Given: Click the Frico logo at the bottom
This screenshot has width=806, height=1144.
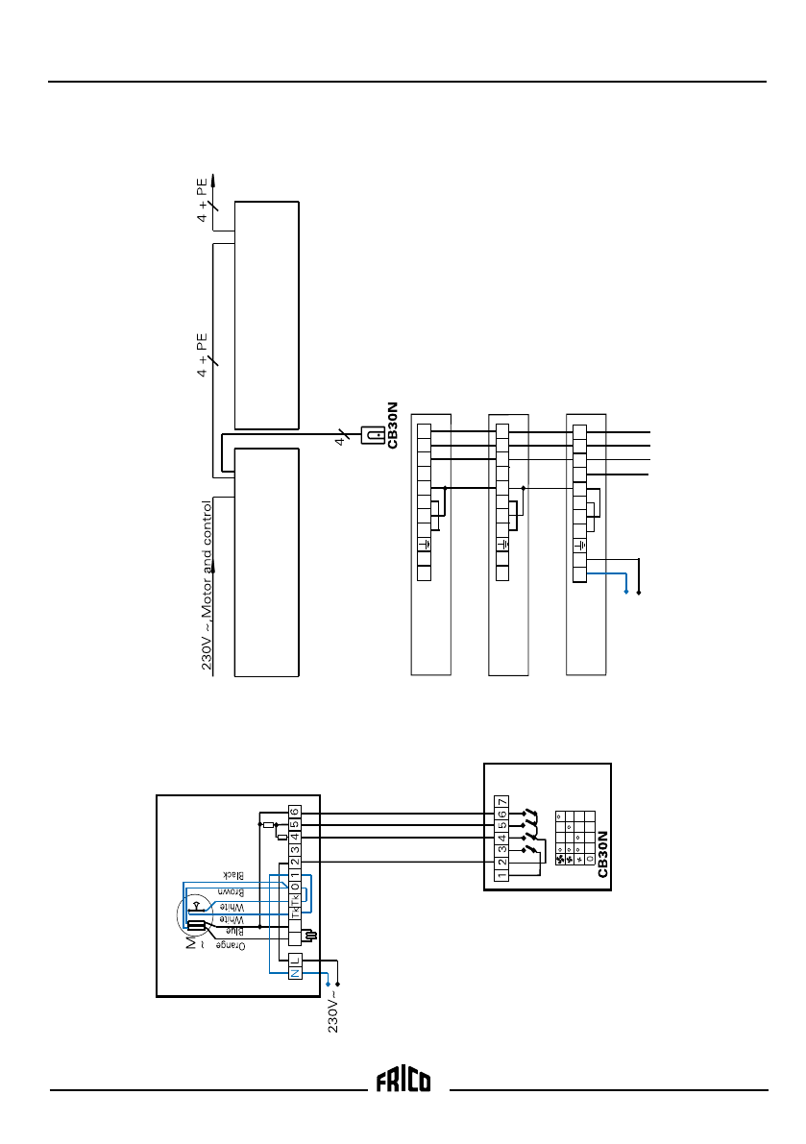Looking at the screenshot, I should [x=403, y=1081].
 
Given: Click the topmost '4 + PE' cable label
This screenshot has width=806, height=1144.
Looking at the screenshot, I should [x=204, y=198].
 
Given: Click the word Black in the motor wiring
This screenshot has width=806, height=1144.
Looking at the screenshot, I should [x=230, y=875].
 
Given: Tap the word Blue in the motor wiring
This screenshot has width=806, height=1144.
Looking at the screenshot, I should [x=230, y=931].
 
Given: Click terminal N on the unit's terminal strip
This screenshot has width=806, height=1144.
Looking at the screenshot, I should [x=295, y=972].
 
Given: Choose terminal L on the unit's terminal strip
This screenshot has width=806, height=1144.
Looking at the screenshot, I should [x=295, y=959].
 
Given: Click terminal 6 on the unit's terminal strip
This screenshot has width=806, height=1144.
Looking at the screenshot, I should [x=295, y=814].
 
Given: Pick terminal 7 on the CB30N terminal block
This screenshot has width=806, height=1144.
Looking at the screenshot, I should [x=501, y=802].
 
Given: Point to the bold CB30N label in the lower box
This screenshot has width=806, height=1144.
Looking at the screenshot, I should [x=602, y=852].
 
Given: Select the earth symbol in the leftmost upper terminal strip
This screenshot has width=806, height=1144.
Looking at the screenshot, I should [x=424, y=546].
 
